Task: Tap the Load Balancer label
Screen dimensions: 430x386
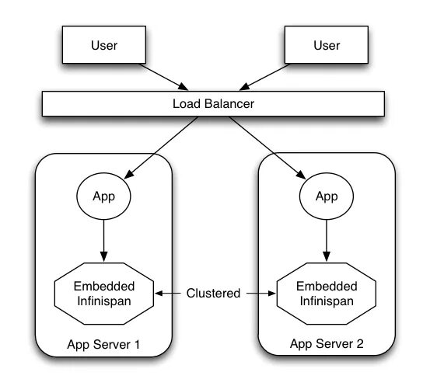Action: coord(213,104)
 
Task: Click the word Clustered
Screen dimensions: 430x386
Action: coord(213,293)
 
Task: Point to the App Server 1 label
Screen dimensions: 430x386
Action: coord(103,345)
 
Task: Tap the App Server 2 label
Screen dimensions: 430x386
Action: coord(327,344)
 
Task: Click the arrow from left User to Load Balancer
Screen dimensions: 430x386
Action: coord(164,77)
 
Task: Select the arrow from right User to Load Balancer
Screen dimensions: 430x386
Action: coord(264,77)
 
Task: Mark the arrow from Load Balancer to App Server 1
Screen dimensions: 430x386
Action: coord(161,148)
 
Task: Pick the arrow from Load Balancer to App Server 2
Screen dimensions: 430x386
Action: coord(267,148)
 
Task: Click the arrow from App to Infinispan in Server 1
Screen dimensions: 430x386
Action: coord(103,241)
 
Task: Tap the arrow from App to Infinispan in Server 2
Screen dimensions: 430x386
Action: coord(327,241)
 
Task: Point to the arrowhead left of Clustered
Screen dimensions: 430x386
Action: coord(159,294)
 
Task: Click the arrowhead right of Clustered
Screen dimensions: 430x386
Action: coord(272,294)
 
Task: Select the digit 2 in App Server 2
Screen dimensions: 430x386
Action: coord(360,343)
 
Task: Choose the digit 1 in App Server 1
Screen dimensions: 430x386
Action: coord(137,344)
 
